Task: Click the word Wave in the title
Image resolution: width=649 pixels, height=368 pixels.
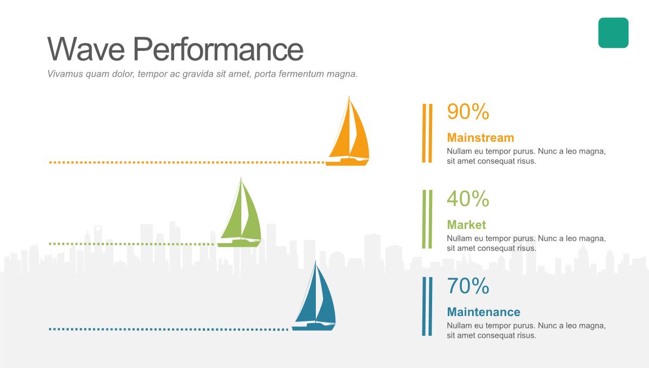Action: [86, 49]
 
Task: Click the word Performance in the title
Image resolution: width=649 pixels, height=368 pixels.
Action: [218, 49]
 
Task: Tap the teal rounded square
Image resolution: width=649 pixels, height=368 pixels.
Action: [613, 33]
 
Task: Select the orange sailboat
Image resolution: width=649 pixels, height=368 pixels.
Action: [348, 132]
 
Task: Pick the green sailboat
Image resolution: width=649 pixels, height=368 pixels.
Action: [240, 213]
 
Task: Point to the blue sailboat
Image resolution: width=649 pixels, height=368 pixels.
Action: [314, 297]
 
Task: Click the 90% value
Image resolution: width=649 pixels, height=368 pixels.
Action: [468, 111]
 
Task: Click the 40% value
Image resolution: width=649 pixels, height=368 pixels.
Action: [468, 199]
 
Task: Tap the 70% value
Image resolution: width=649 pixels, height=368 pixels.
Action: [468, 286]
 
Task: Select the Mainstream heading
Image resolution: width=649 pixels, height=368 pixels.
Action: [480, 138]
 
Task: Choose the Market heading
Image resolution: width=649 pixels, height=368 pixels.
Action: [466, 225]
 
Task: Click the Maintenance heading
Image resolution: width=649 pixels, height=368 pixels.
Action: [484, 312]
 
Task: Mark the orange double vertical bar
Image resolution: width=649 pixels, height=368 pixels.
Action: [427, 133]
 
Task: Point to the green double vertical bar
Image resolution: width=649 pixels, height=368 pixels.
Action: [427, 219]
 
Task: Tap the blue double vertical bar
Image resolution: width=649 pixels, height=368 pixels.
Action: [427, 306]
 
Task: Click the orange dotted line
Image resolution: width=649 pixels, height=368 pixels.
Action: [187, 162]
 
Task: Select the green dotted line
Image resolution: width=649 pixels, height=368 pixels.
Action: [132, 244]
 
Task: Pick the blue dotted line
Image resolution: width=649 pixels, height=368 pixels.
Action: [169, 329]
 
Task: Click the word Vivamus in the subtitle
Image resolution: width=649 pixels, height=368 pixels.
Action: [65, 74]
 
